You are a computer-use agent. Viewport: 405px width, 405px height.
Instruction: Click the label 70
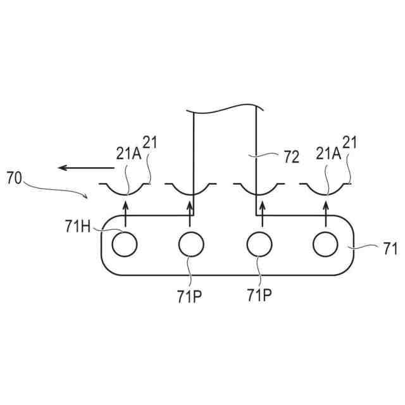click(15, 178)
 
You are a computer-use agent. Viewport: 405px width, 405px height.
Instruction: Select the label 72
click(291, 158)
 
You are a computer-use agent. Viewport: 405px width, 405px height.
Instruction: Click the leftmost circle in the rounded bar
click(124, 244)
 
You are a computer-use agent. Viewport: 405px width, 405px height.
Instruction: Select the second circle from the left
click(191, 244)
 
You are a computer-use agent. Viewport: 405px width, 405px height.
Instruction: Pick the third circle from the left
click(258, 244)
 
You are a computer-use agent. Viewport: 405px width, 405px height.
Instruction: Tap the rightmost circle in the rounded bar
click(325, 244)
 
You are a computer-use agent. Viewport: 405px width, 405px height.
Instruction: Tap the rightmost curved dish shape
click(325, 188)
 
